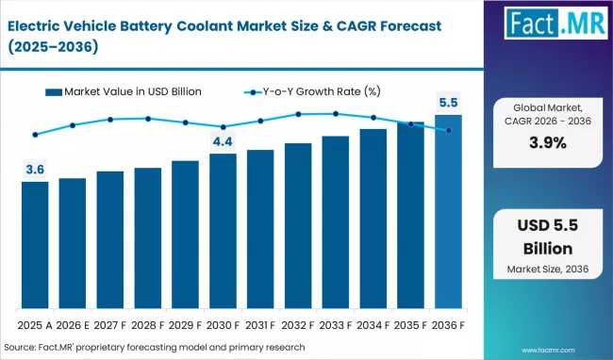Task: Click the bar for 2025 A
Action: point(35,245)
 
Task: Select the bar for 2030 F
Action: point(223,231)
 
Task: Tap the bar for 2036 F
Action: point(448,212)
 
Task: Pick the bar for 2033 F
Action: point(336,222)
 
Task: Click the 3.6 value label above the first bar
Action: point(35,170)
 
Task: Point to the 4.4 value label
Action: point(223,141)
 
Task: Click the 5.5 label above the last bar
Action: point(448,103)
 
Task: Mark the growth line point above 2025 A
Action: point(35,135)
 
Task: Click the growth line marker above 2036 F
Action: point(448,130)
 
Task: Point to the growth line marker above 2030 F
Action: point(223,127)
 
